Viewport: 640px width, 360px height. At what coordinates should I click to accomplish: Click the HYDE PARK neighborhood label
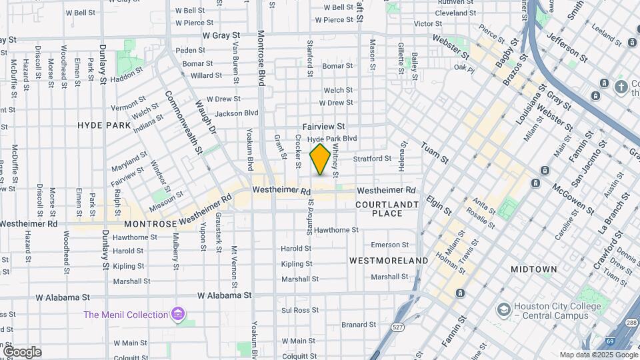click(104, 125)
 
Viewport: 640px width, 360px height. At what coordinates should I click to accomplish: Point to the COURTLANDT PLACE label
click(387, 209)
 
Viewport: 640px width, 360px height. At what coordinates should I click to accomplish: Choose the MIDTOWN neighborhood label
click(533, 269)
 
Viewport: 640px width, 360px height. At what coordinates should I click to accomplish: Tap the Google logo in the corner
click(21, 351)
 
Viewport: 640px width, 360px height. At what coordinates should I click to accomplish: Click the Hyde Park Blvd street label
click(332, 139)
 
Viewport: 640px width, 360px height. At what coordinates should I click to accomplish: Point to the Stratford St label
click(372, 159)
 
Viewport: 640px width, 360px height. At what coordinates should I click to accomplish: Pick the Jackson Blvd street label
click(236, 113)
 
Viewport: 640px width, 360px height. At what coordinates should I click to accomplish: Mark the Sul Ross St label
click(296, 310)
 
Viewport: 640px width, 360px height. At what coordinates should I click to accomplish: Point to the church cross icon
click(621, 87)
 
